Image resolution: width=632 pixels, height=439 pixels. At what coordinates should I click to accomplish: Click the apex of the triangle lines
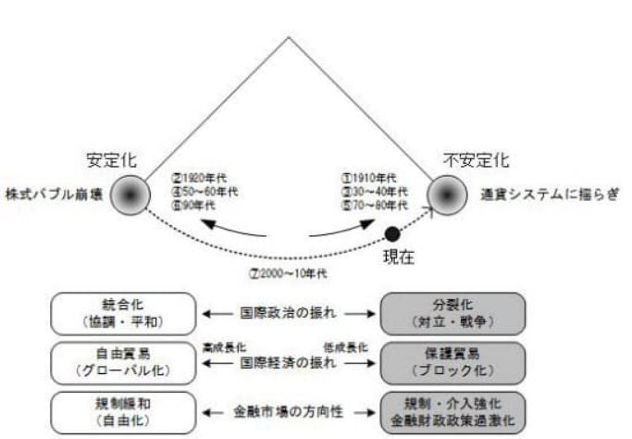coord(290,36)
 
